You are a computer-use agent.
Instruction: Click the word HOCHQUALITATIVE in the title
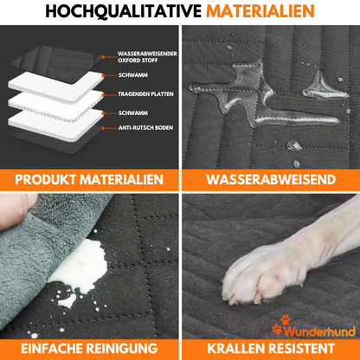click(124, 11)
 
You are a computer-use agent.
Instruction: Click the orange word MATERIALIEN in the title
click(260, 11)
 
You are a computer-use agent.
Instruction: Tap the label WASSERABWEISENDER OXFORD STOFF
click(147, 57)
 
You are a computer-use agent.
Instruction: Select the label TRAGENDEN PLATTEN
click(145, 94)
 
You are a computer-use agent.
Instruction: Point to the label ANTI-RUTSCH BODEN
click(145, 127)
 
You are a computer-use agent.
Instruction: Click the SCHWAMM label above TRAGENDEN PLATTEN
click(133, 75)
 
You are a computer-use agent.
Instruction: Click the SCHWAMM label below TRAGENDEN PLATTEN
click(133, 112)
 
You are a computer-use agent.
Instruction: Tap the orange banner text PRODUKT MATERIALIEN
click(89, 179)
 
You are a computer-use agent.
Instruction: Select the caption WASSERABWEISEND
click(271, 179)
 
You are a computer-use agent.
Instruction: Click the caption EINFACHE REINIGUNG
click(89, 348)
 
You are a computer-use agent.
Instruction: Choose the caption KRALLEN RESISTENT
click(271, 348)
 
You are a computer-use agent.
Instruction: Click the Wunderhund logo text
click(319, 331)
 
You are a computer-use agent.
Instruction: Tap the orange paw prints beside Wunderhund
click(281, 325)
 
